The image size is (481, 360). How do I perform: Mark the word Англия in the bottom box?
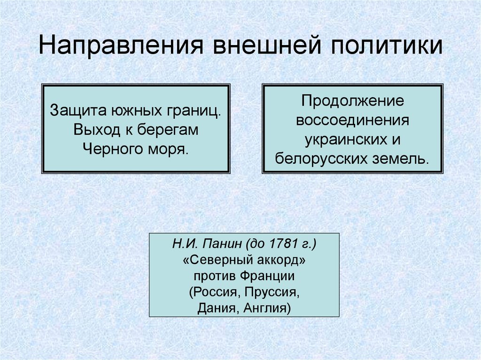[x=267, y=308]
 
